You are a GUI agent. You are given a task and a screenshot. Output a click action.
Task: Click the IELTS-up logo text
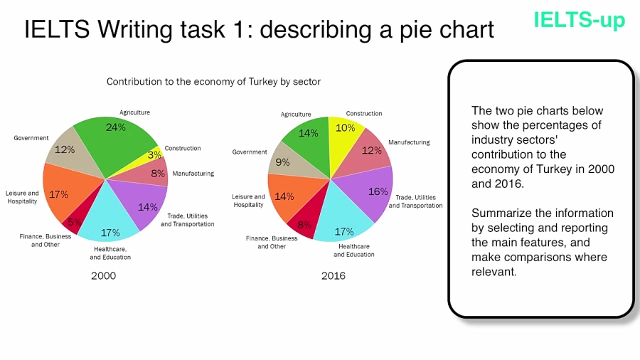[x=579, y=20]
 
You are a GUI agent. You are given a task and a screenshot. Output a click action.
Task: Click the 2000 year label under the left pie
[x=103, y=276]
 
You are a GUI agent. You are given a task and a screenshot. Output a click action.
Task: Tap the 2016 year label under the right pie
[x=333, y=276]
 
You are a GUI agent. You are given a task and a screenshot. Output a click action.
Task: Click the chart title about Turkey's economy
[x=213, y=82]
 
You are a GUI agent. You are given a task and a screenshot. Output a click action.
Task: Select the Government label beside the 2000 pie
[x=31, y=138]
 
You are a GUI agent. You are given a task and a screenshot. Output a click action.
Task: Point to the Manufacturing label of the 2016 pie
[x=409, y=142]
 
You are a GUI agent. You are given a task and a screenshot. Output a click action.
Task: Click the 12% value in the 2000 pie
[x=65, y=150]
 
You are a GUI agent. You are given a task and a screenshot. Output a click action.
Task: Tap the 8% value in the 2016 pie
[x=304, y=225]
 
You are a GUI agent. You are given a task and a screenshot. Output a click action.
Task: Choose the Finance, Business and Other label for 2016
[x=272, y=243]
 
